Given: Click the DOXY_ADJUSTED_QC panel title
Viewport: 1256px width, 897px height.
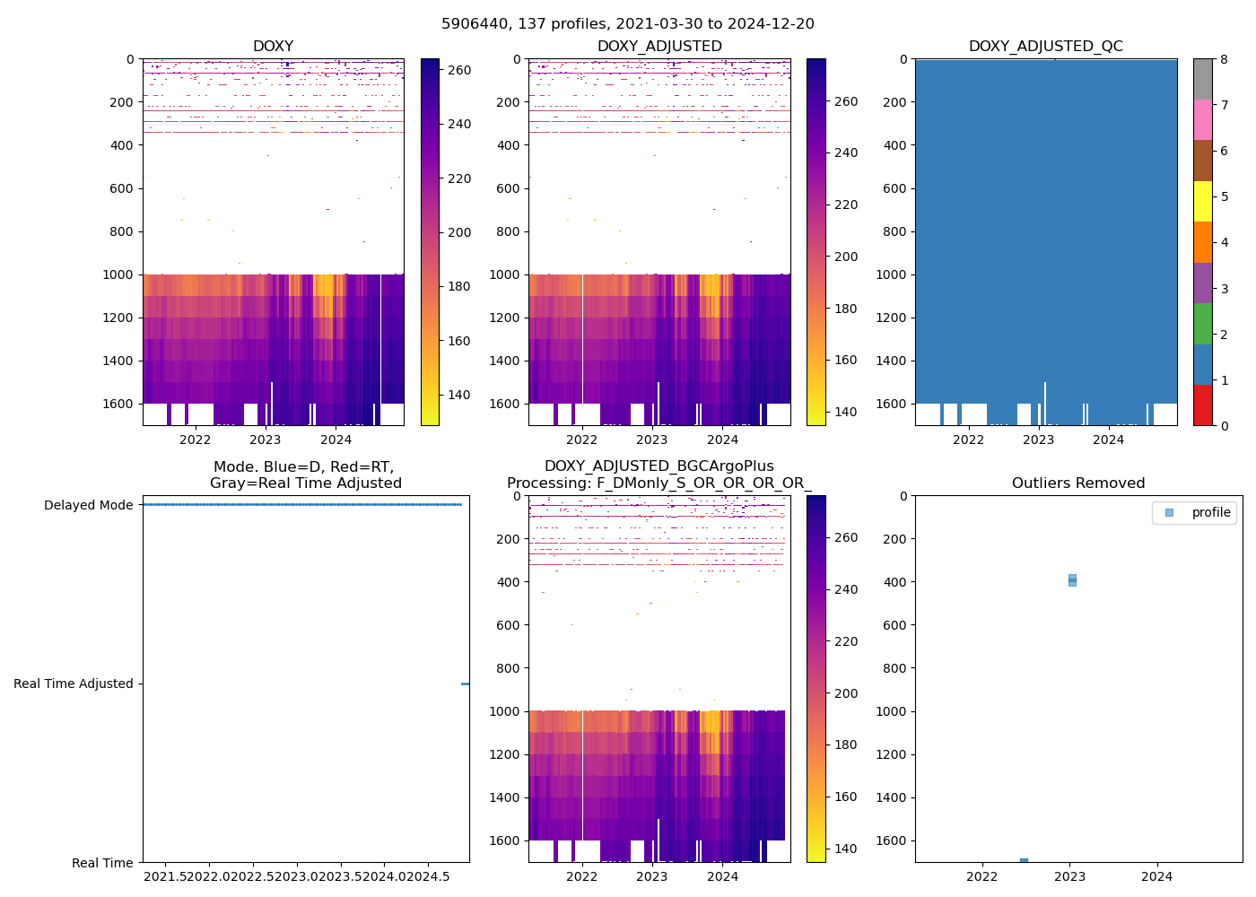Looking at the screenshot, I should tap(1045, 46).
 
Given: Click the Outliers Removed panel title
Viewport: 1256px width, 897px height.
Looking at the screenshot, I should tap(1078, 483).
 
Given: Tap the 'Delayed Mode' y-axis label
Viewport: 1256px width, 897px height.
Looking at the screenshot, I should tap(88, 505).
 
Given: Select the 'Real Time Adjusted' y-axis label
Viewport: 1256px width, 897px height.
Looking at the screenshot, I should tap(74, 684).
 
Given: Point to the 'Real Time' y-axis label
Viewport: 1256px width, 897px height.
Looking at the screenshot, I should tap(102, 863).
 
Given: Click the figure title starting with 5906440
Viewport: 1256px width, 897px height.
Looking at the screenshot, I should tap(628, 24).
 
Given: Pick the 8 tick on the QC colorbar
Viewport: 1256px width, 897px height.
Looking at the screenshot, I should tap(1224, 59).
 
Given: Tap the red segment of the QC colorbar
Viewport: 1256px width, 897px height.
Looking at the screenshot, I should tap(1202, 405).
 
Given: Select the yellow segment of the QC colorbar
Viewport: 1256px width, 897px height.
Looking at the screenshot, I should tap(1202, 201).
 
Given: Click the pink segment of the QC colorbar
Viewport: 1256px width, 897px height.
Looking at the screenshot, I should tap(1202, 119).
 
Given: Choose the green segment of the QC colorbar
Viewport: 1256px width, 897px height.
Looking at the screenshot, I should tap(1202, 323).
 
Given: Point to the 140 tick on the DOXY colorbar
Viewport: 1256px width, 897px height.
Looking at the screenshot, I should tap(458, 395).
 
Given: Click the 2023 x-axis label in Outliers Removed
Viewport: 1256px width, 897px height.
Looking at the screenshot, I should tap(1069, 876).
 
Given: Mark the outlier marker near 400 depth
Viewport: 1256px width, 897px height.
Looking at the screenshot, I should tap(1072, 579).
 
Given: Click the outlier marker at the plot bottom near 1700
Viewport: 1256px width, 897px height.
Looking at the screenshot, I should tap(1024, 861).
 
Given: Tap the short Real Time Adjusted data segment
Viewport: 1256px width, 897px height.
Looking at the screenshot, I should tap(465, 684).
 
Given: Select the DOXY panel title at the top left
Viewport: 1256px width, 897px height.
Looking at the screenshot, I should tap(273, 46).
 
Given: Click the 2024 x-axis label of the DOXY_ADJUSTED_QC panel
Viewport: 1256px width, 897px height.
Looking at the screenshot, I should tap(1109, 440).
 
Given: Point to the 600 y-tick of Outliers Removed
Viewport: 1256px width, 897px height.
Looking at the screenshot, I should tap(897, 625).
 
